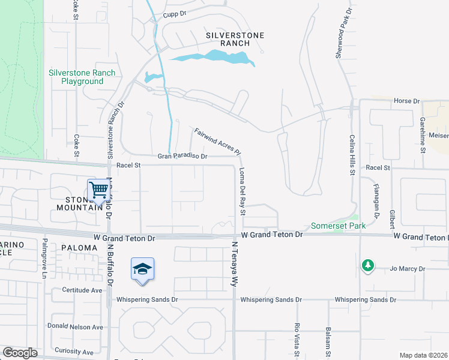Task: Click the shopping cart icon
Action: point(98,190)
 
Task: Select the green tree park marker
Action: point(367,265)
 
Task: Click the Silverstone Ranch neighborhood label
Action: point(235,39)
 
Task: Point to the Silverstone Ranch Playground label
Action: point(82,77)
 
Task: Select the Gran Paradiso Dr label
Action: point(182,156)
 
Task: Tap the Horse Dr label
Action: point(406,101)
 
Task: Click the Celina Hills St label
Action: point(352,155)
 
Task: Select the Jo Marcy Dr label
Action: point(407,269)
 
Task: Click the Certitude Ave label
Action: point(82,290)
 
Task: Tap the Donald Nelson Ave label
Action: point(76,327)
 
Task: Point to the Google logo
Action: point(20,353)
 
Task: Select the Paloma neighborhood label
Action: point(79,247)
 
